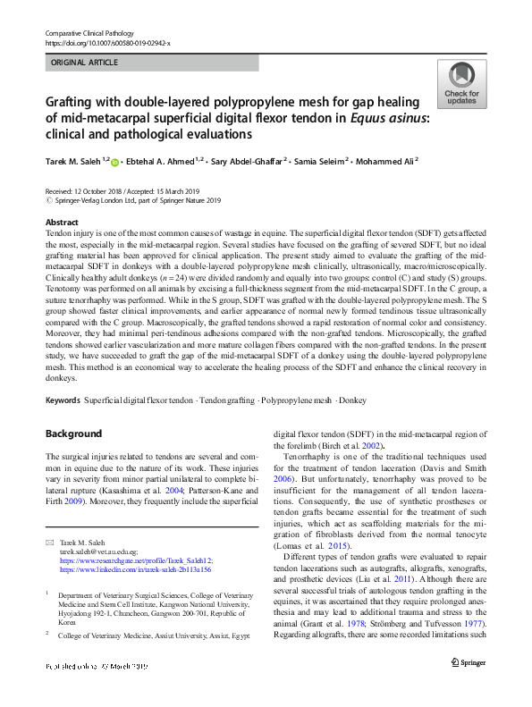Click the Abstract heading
coord(61,223)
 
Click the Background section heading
coord(73,433)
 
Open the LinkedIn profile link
coord(135,569)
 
